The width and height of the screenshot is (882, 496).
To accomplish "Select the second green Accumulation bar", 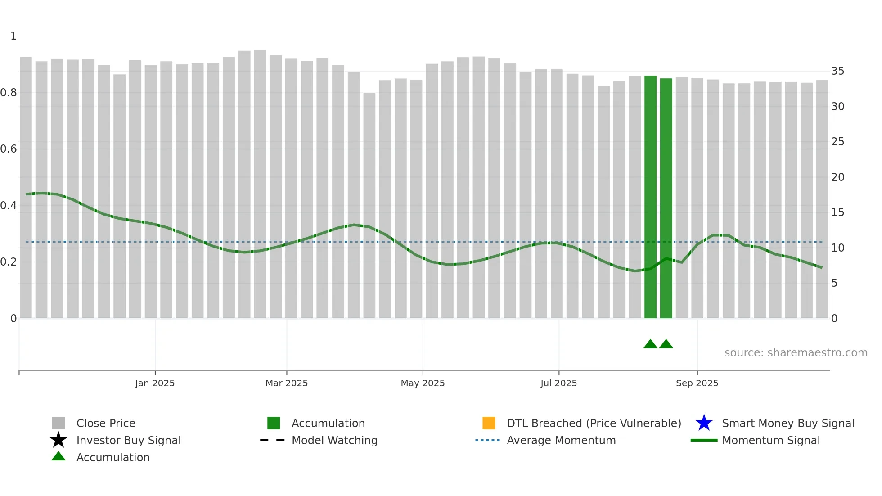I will click(666, 198).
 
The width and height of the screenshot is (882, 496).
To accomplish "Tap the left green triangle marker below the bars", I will click(650, 344).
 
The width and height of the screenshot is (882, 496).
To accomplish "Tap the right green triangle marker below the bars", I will click(666, 344).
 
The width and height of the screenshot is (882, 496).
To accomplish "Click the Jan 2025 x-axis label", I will click(155, 383).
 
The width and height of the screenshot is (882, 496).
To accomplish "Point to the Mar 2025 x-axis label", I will click(287, 383).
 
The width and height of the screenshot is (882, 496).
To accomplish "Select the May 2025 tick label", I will click(423, 383).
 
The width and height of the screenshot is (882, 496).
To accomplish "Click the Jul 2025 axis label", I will click(558, 383).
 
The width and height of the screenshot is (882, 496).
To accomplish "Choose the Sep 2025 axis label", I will click(697, 383).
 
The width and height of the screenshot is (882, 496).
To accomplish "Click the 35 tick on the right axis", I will click(837, 71).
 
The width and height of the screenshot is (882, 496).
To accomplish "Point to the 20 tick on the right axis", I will click(837, 177).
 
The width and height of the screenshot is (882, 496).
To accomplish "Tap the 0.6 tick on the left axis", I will click(9, 149).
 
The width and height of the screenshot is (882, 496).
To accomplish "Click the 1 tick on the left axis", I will click(13, 36).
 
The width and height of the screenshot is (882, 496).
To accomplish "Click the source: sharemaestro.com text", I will click(796, 353).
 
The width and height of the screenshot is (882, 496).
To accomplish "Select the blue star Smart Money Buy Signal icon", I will click(704, 423).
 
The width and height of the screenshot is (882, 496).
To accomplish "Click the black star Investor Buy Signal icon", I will click(58, 440).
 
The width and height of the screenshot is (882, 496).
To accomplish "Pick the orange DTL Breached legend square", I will click(489, 423).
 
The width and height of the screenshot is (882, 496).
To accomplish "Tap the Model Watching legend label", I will click(334, 440).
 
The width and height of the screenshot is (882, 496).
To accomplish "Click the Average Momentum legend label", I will click(561, 440).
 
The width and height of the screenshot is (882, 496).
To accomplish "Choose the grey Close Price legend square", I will click(58, 423).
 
